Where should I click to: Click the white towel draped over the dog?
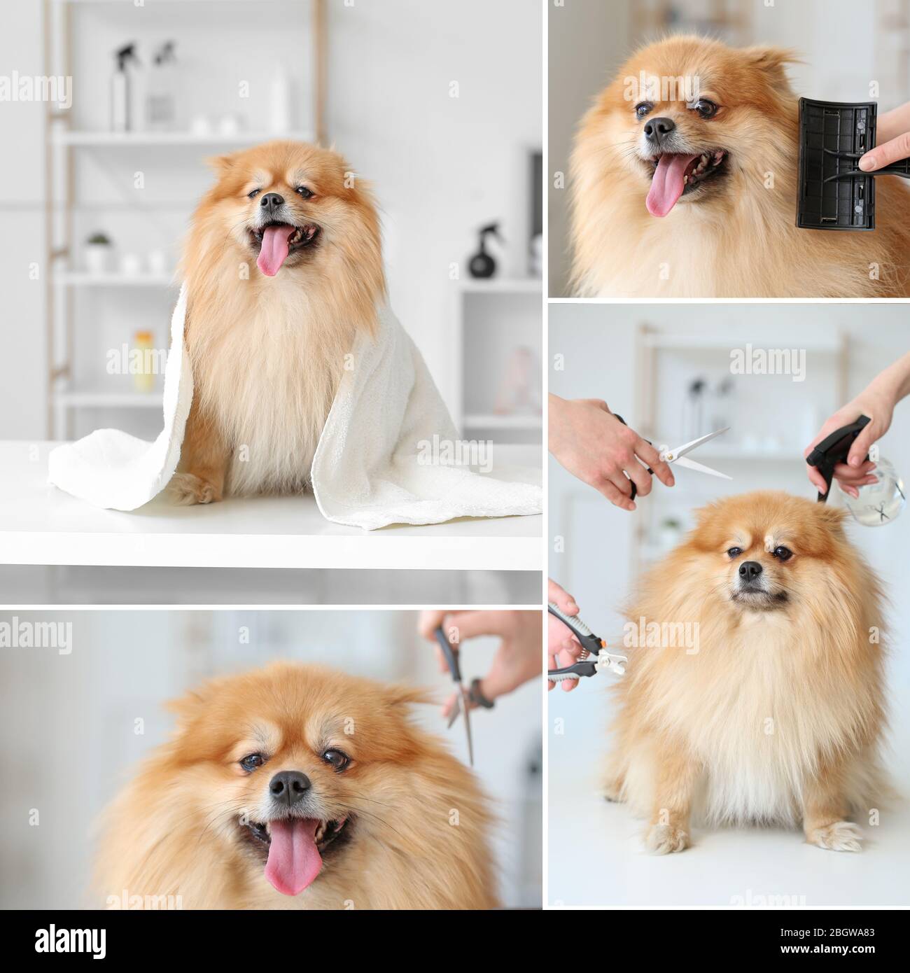(x=392, y=448)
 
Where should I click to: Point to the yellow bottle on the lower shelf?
(x=143, y=360)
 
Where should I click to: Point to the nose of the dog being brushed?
(x=659, y=129)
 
